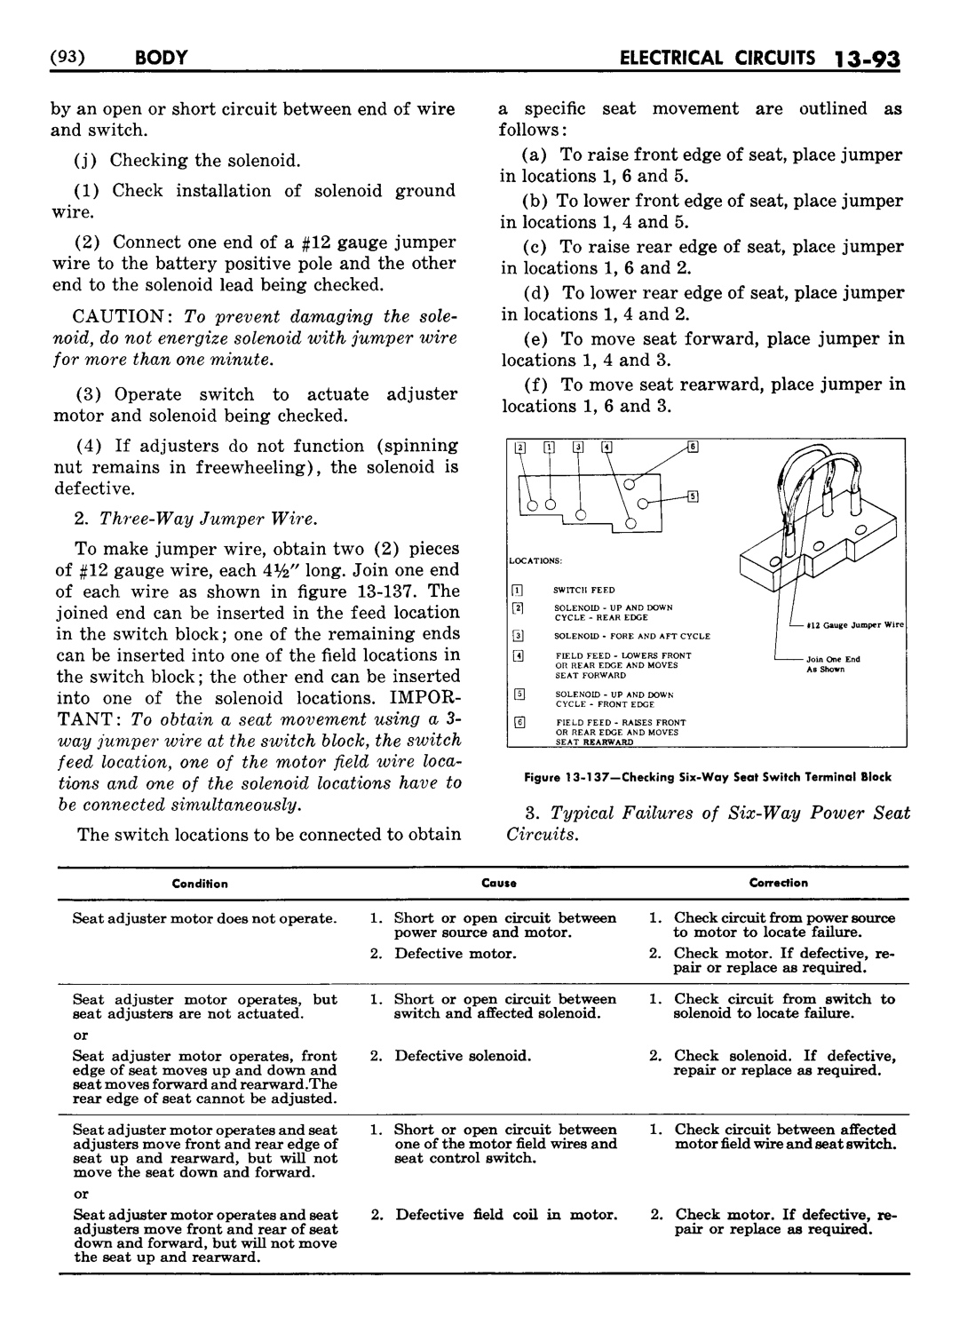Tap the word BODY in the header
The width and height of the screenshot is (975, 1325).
[162, 59]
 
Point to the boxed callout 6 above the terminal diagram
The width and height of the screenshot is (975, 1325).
[692, 447]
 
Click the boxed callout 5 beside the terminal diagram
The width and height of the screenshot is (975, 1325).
[692, 496]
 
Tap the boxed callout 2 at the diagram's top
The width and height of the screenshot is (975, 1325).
[520, 447]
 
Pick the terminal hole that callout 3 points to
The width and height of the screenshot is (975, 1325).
[581, 514]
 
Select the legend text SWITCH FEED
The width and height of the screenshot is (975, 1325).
[583, 590]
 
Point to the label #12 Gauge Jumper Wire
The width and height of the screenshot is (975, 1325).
[854, 625]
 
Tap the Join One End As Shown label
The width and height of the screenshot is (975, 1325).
[832, 664]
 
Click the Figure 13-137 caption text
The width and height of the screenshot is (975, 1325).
[707, 777]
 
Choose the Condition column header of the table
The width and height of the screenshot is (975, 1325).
[200, 884]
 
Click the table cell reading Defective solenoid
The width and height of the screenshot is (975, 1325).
[463, 1056]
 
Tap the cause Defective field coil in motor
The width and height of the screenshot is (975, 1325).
[506, 1214]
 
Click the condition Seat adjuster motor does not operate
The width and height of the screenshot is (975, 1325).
[204, 918]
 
